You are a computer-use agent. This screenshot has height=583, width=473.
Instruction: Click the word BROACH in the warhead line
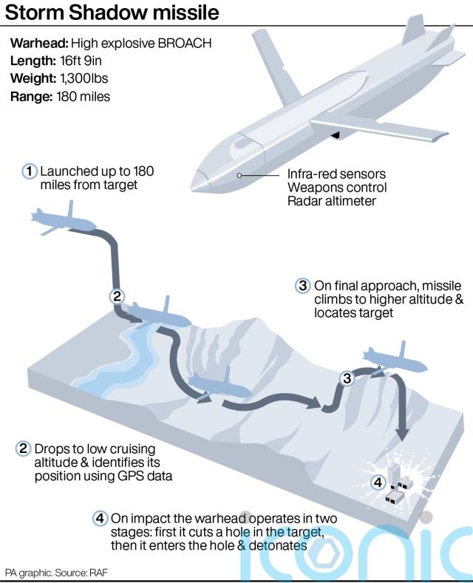[x=185, y=43]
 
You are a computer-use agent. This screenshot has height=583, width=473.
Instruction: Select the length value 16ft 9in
[x=81, y=61]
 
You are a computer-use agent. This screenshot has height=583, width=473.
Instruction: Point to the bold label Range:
[x=32, y=97]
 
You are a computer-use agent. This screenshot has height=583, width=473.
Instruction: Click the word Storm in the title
[x=34, y=13]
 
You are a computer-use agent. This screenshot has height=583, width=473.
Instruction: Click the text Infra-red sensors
[x=336, y=174]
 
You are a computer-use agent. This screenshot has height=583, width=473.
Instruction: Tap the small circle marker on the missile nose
[x=239, y=175]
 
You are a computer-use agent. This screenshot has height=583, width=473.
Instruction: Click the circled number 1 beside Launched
[x=30, y=171]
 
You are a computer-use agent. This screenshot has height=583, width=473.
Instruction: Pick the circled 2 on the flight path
[x=117, y=296]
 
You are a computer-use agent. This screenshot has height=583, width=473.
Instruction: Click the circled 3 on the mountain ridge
[x=347, y=378]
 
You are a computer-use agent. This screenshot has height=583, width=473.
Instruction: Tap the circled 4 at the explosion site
[x=378, y=483]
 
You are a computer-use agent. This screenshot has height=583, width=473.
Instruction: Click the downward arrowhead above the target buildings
[x=401, y=434]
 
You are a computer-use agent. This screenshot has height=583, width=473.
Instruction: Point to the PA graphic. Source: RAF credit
[x=56, y=573]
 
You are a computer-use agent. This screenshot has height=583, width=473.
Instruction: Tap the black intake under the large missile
[x=336, y=135]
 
